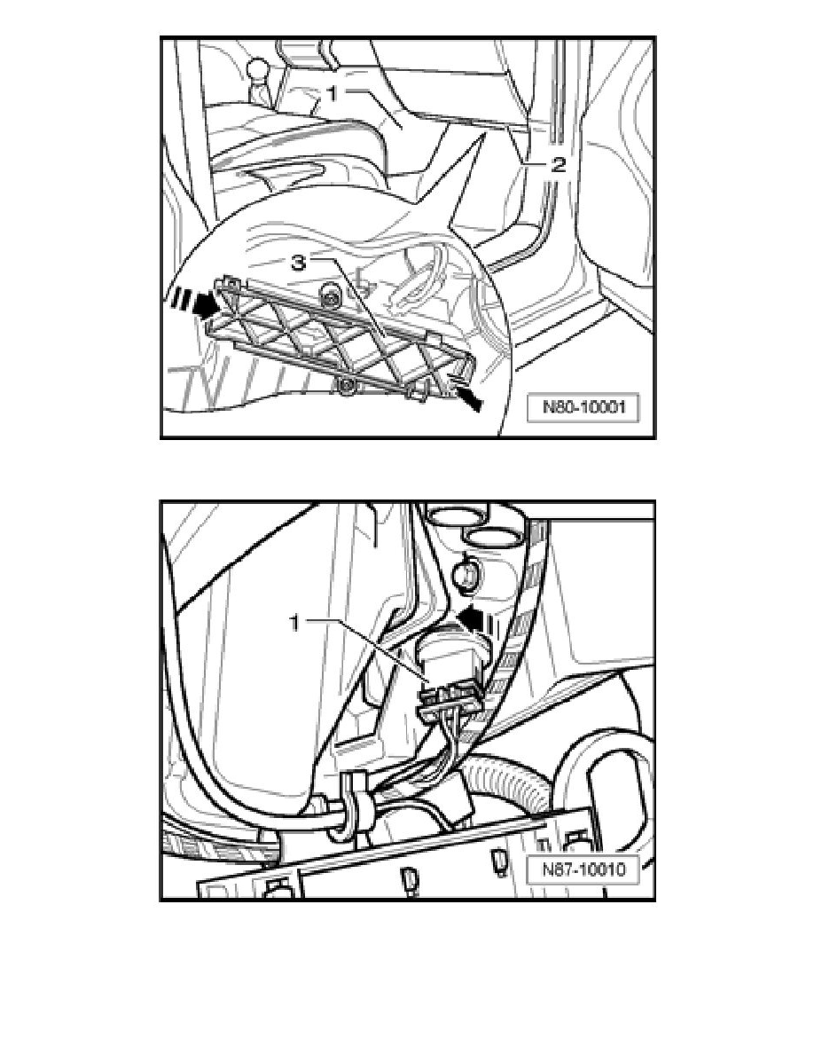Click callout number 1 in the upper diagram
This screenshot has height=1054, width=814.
[x=333, y=94]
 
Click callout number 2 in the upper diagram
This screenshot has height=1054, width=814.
[x=558, y=165]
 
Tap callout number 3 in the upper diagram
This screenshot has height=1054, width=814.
[x=298, y=263]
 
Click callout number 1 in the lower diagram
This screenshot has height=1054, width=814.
[x=294, y=624]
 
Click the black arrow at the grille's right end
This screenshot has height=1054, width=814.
[x=468, y=398]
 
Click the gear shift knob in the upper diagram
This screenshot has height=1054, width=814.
[x=256, y=70]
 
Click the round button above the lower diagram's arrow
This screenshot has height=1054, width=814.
[x=466, y=572]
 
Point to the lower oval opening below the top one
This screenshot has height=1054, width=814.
[x=492, y=537]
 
